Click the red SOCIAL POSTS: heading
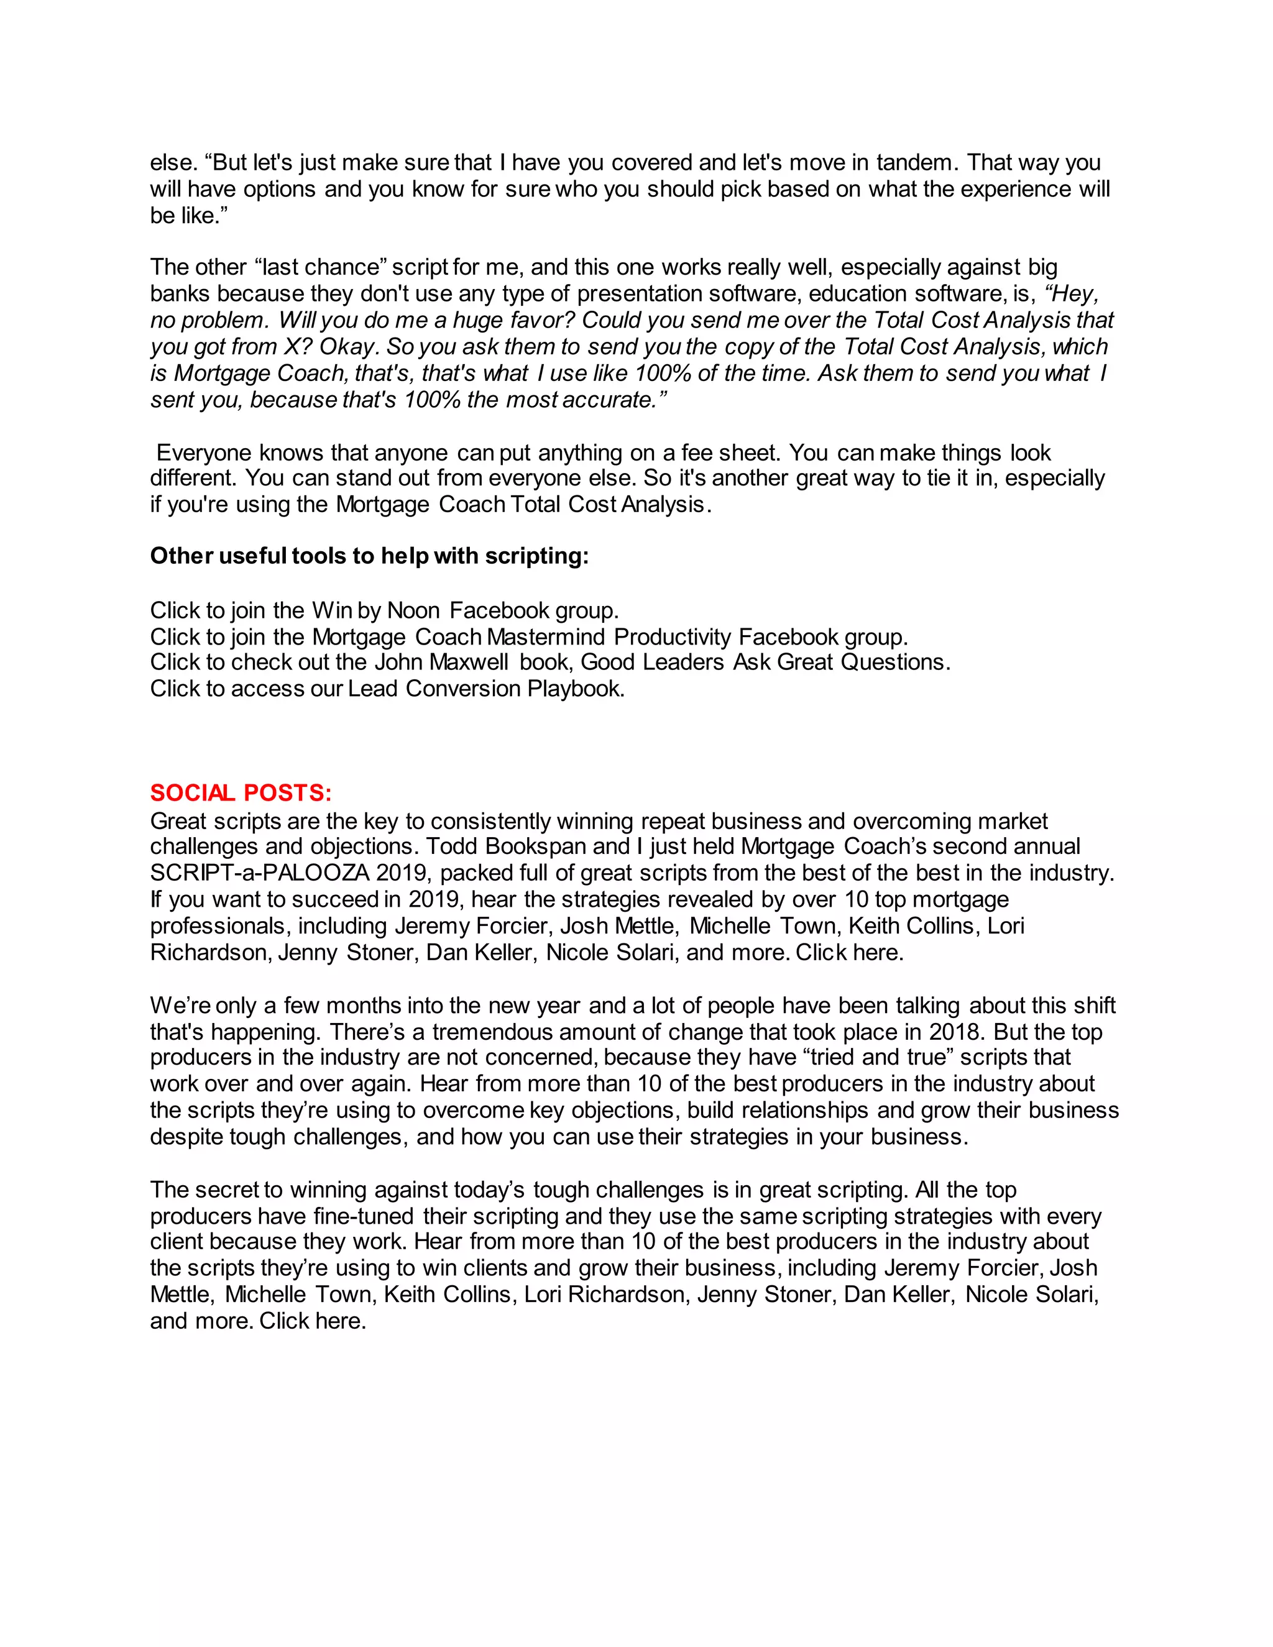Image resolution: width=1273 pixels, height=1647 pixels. (241, 792)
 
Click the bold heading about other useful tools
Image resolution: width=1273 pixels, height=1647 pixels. (369, 556)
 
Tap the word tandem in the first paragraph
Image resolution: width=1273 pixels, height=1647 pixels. (912, 162)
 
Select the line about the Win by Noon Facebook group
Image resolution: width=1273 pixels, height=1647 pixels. (384, 610)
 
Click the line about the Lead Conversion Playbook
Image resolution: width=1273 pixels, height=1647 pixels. (387, 689)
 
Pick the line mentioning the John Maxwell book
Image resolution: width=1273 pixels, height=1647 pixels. (549, 662)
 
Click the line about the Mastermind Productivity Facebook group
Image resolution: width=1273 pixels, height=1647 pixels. (529, 637)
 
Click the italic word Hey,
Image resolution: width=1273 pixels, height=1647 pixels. (1071, 293)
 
